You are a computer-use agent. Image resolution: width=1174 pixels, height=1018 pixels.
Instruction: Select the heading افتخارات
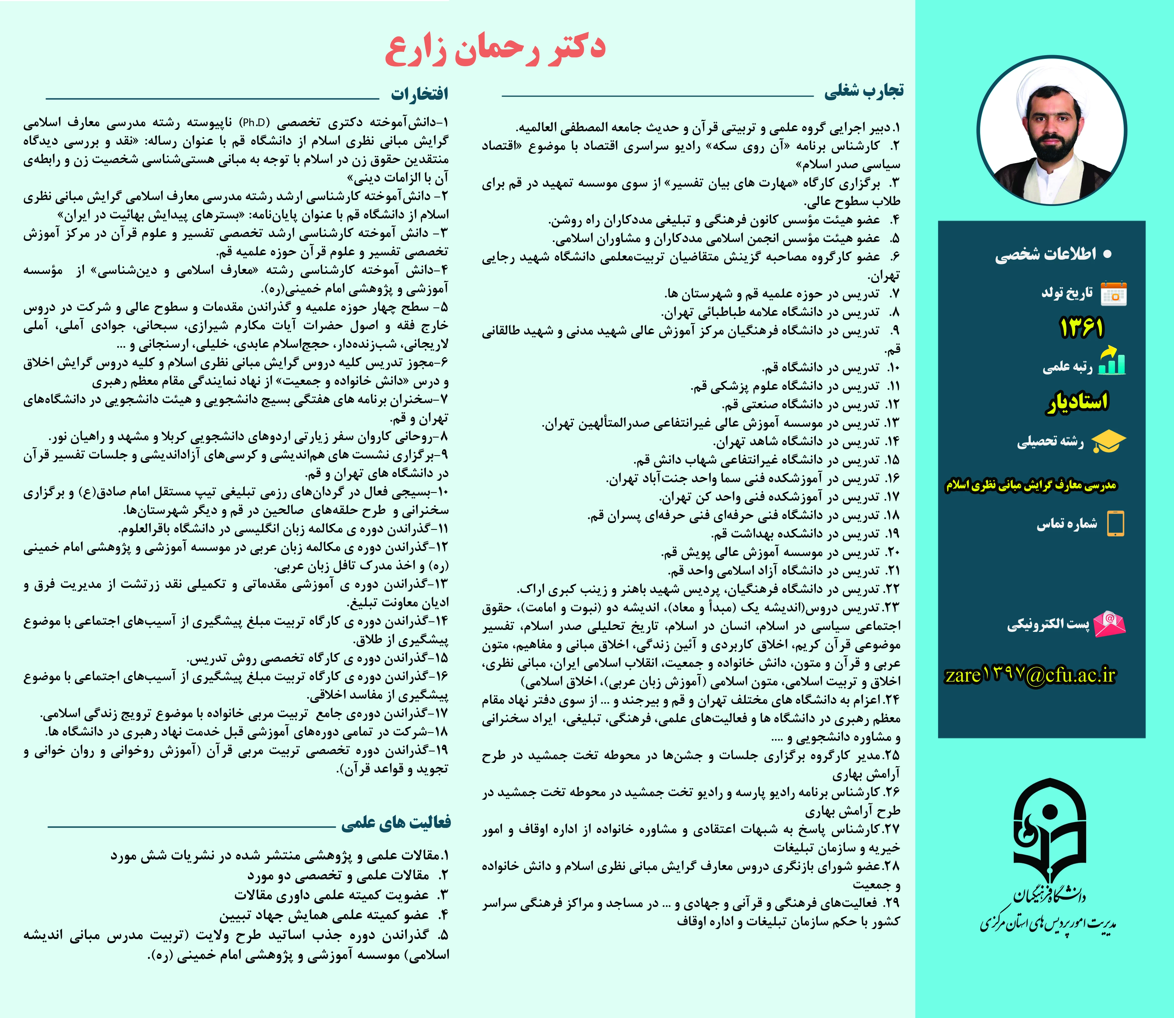[x=419, y=94]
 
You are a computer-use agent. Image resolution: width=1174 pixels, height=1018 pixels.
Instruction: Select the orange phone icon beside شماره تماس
[x=1115, y=523]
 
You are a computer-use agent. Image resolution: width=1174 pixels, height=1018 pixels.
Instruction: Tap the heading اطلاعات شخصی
[x=1046, y=255]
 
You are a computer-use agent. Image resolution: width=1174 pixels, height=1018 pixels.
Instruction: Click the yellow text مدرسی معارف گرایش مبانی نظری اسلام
[x=1030, y=485]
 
